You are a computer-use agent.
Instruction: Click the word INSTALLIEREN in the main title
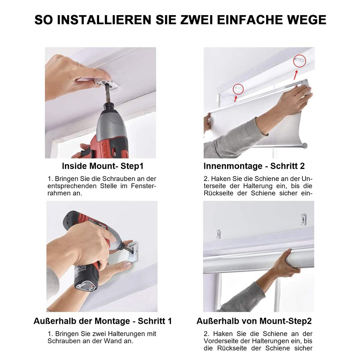104,20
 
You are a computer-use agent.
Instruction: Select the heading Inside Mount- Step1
103,166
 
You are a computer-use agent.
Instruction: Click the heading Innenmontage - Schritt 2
254,166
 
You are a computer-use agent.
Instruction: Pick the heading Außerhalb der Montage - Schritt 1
103,321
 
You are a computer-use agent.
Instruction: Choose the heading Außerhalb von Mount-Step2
254,321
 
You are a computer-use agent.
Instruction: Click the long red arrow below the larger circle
296,75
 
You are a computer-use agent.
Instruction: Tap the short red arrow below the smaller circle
236,99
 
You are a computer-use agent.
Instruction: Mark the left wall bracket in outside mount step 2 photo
218,234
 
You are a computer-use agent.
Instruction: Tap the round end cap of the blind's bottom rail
305,146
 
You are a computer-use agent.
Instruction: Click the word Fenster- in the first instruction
143,186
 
